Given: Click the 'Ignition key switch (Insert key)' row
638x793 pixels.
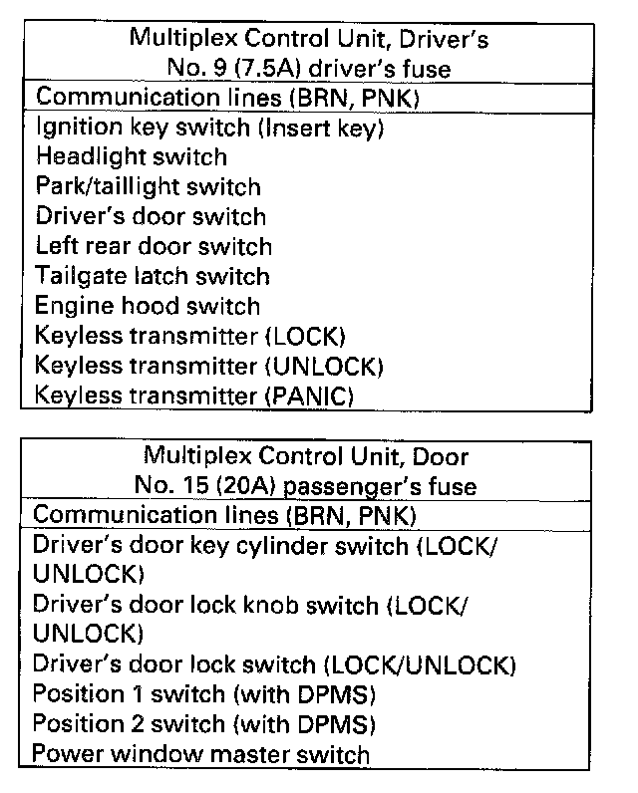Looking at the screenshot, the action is point(209,128).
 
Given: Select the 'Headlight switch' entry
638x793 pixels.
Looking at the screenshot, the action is point(131,157).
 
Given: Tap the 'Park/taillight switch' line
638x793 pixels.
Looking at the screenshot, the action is point(148,187).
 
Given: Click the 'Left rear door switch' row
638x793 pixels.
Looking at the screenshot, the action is point(154,246).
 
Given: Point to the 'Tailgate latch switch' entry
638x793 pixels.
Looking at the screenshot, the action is point(152,276).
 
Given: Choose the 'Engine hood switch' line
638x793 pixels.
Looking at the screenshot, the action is point(148,306).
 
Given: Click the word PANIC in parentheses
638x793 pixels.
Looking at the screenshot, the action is point(309,396).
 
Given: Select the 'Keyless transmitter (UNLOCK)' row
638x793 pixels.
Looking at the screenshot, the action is point(209,366).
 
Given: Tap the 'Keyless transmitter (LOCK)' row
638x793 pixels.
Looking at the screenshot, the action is point(189,336).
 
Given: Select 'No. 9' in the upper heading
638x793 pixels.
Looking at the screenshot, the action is point(195,70).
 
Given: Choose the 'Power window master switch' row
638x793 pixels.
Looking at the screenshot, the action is point(200,754).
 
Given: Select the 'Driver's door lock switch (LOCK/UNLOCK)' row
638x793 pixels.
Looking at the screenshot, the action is point(274,664).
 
